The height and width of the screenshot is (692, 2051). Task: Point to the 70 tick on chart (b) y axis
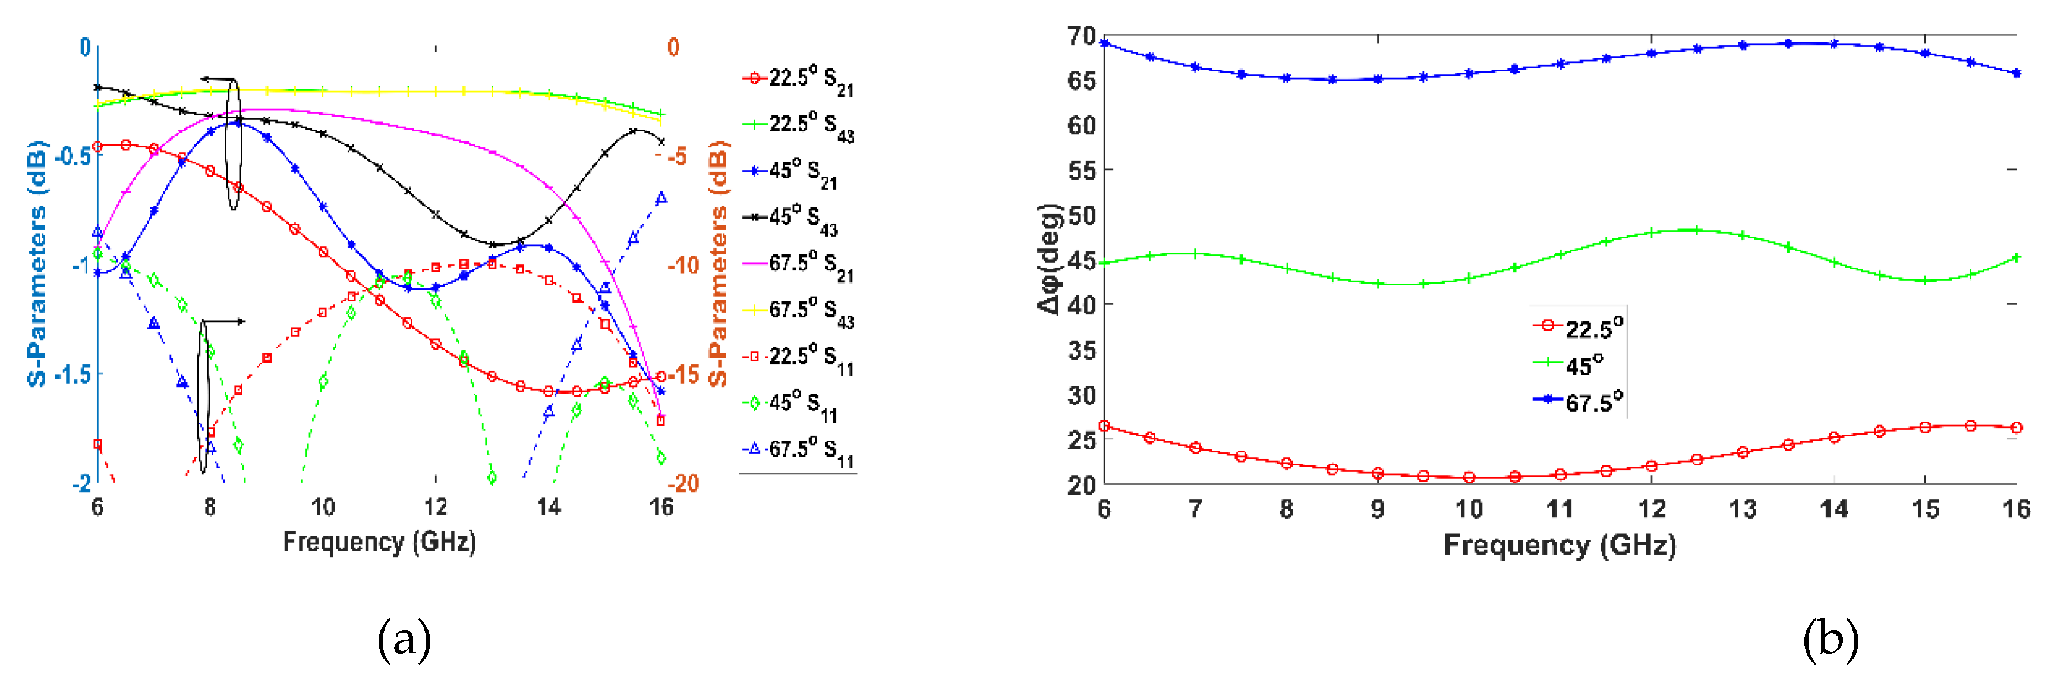tap(1081, 36)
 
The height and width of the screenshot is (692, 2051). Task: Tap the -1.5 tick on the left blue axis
tap(73, 375)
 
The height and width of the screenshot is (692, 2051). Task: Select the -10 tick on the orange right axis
tap(682, 265)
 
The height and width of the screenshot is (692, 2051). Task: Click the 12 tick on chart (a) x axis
tap(436, 507)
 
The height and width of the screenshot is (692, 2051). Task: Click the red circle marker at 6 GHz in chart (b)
tap(1104, 426)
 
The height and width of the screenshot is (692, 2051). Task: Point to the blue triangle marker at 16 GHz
tap(661, 199)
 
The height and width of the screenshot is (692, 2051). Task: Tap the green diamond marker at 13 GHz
tap(492, 478)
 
